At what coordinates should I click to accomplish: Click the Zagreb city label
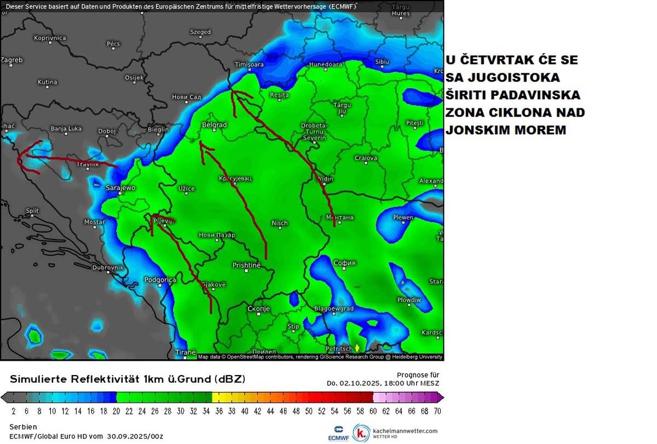pos(11,60)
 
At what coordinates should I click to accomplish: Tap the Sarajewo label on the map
pos(120,188)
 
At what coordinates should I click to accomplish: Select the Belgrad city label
pos(214,125)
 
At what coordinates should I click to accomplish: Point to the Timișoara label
pos(249,65)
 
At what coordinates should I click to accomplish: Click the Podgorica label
pos(160,280)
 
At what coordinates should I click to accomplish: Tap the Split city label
pos(32,210)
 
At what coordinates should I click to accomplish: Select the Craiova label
pos(366,158)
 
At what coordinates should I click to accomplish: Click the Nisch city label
pos(279,223)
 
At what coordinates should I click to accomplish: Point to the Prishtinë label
pos(246,265)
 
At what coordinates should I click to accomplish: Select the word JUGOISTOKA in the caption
pos(503,77)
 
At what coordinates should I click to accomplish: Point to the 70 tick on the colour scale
pos(437,411)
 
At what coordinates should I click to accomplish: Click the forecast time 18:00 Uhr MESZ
pos(411,383)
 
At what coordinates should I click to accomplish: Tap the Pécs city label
pos(113,43)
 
